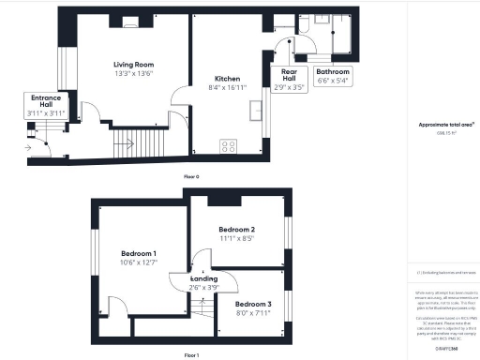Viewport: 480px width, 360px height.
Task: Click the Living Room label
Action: pos(132,64)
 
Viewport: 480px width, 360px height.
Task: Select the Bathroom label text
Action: pos(333,71)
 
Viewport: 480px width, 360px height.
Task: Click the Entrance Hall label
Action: pos(46,101)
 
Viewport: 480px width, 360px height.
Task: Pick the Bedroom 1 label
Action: pos(139,253)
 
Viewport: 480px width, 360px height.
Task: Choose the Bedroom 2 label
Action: pos(237,230)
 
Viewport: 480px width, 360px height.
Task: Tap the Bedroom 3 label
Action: pos(253,305)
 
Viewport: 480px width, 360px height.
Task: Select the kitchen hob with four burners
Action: pos(228,145)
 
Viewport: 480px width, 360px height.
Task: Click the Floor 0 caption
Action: pos(191,176)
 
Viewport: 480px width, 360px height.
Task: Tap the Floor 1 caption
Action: pos(191,355)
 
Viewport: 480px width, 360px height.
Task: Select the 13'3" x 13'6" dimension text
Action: pos(133,73)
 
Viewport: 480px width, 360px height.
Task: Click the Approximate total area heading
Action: pos(442,125)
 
